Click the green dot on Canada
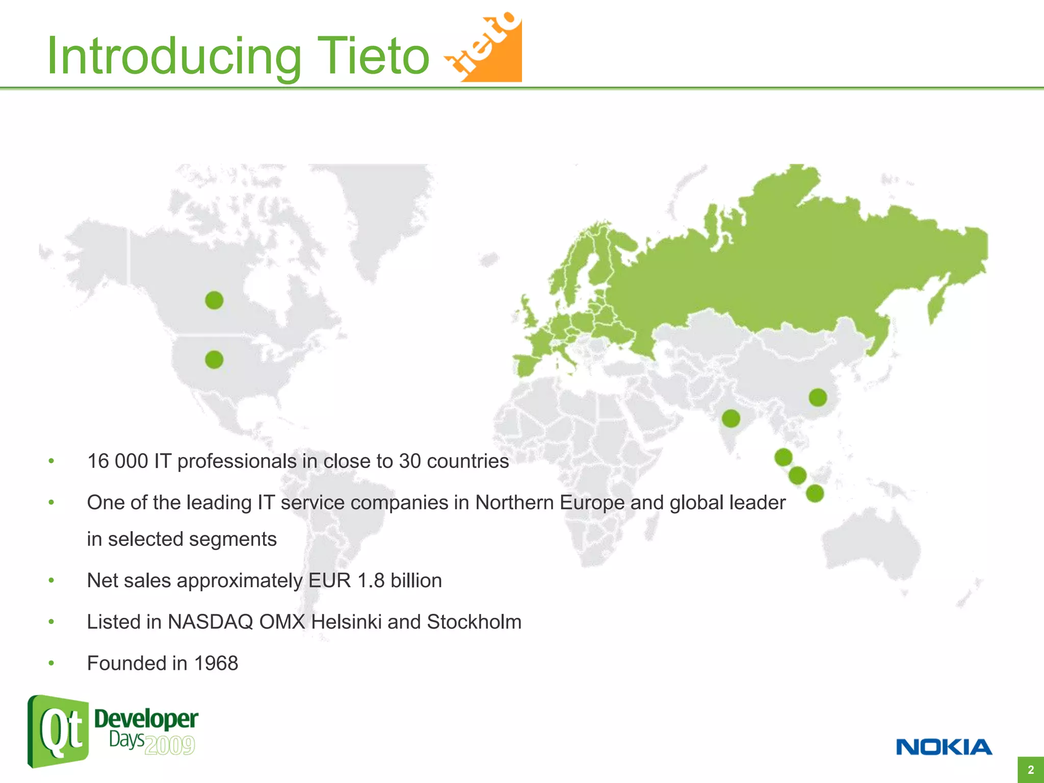tap(214, 300)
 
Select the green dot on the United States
tap(214, 360)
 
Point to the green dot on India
tap(731, 419)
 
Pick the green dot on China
tap(818, 397)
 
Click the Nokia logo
tap(944, 747)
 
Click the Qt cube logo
tap(58, 731)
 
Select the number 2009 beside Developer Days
tap(169, 745)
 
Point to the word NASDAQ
tap(211, 622)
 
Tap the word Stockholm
tap(474, 622)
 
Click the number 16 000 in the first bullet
tap(117, 461)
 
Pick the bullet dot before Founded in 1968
tap(51, 663)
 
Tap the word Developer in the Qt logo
tap(146, 719)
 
